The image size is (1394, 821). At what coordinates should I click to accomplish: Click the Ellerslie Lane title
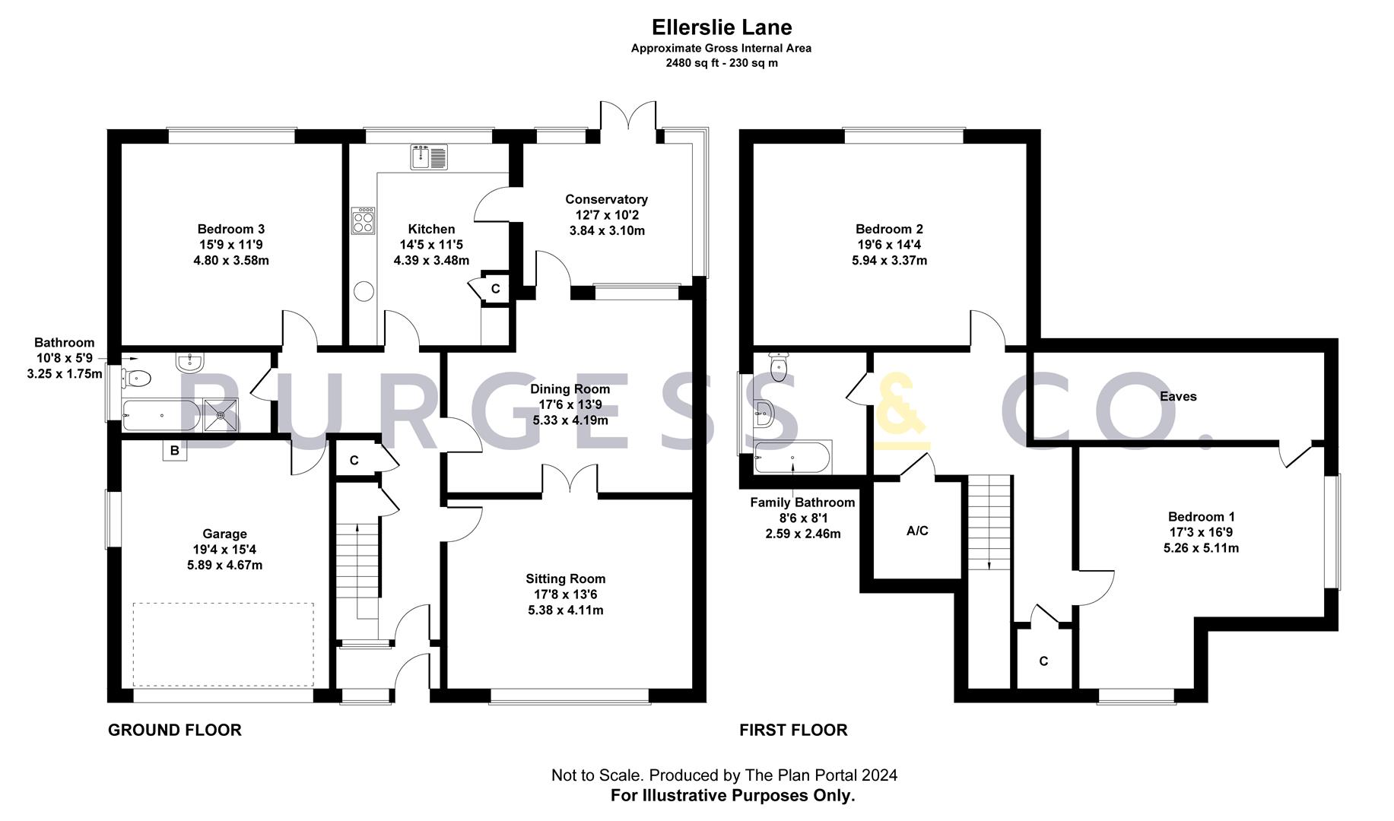[x=721, y=27]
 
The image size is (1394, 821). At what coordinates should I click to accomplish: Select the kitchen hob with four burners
[x=364, y=221]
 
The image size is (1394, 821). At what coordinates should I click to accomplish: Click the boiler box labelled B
[x=174, y=451]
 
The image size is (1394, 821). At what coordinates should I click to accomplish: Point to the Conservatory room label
[x=606, y=199]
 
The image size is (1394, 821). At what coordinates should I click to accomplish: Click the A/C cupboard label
[x=917, y=531]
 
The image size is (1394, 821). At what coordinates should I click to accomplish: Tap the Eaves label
[x=1178, y=396]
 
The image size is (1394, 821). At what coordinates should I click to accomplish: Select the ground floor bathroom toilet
[x=138, y=377]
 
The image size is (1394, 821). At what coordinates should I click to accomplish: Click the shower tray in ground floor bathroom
[x=221, y=415]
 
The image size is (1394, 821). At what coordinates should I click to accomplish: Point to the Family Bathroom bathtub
[x=792, y=457]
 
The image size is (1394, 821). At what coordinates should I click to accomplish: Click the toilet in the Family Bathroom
[x=779, y=367]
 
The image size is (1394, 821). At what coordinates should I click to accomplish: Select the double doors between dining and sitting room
[x=570, y=479]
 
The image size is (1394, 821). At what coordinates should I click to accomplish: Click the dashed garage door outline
[x=223, y=645]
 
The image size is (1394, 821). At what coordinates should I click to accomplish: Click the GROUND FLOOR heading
[x=174, y=730]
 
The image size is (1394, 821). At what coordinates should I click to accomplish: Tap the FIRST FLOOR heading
[x=793, y=730]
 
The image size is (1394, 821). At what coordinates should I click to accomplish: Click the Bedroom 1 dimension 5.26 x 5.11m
[x=1201, y=547]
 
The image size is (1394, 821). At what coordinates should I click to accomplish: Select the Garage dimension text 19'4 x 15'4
[x=224, y=550]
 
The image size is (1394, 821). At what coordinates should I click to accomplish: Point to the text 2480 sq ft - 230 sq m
[x=721, y=63]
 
